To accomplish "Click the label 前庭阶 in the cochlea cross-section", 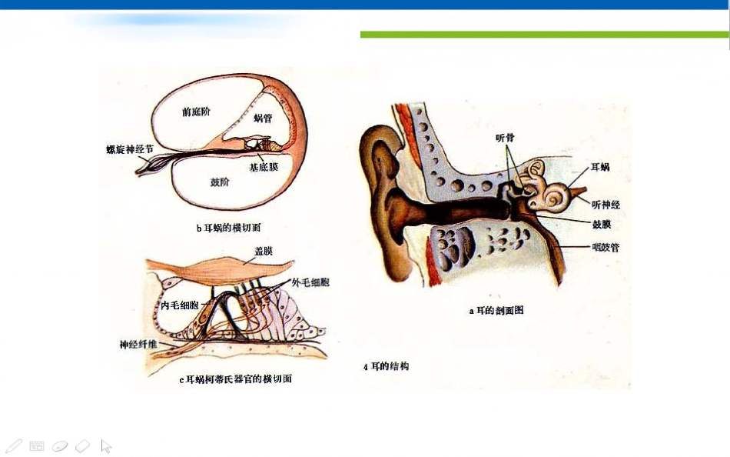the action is (x=196, y=112).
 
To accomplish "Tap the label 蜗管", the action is (x=263, y=118).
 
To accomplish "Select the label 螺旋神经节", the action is (x=130, y=150).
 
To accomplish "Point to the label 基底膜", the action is (x=264, y=167).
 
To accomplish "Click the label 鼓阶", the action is (x=220, y=182).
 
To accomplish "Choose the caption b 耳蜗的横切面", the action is (x=228, y=228).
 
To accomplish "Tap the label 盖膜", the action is (x=264, y=251).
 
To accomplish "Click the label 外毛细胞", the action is (x=310, y=282).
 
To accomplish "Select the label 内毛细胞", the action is (x=180, y=305).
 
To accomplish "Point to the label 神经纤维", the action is (x=138, y=345).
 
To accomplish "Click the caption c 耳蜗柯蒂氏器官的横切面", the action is (x=236, y=379).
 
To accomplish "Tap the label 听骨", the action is (x=505, y=138).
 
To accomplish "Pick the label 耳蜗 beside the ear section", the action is (x=600, y=167).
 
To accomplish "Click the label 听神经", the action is (x=606, y=204).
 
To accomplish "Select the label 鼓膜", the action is (x=602, y=225).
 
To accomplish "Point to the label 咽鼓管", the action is (x=606, y=248).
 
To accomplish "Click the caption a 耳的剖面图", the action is (x=496, y=310).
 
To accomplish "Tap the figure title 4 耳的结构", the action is (x=386, y=366).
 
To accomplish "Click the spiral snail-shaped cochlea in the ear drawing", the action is (x=555, y=197).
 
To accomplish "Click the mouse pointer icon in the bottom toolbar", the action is (x=106, y=445).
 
